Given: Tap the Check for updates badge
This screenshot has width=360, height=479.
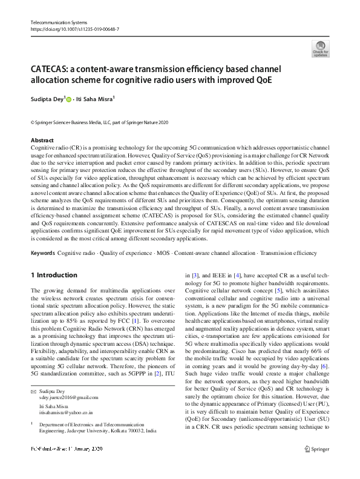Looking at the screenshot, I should click(320, 48).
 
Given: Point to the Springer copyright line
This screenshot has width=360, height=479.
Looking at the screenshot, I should click(99, 123).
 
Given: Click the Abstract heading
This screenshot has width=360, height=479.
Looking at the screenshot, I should click(42, 140).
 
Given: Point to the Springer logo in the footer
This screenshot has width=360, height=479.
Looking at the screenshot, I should click(319, 466).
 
